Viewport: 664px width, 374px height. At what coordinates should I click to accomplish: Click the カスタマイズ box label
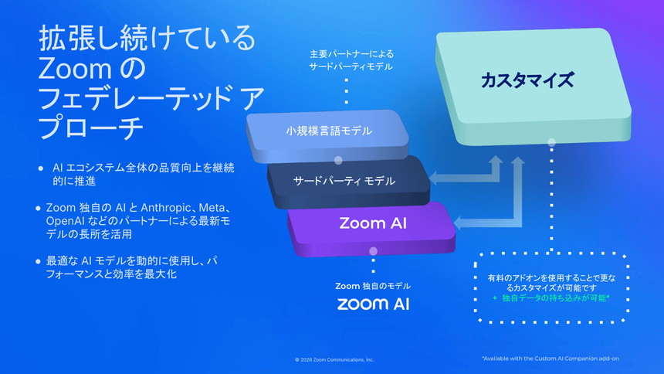527,80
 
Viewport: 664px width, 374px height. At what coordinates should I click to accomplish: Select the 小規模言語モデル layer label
329,131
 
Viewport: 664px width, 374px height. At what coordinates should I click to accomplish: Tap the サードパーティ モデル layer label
344,181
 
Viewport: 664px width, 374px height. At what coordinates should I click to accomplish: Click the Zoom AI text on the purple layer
373,224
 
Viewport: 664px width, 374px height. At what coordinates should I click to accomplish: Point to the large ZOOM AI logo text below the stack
373,303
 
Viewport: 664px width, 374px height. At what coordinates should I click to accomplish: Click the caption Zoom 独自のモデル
373,286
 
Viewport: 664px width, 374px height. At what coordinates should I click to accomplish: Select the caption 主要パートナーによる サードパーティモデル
351,60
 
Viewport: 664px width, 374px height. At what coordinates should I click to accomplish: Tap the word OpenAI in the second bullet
65,221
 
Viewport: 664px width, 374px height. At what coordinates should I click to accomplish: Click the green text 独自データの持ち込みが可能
555,297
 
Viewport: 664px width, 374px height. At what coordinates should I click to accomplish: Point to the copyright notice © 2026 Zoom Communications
334,360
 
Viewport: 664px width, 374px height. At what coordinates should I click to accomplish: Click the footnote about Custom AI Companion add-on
550,359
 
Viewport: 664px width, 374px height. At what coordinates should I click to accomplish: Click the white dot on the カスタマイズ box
551,142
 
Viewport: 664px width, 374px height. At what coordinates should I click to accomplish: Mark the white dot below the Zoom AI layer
374,250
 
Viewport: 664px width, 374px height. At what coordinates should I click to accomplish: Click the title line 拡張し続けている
146,38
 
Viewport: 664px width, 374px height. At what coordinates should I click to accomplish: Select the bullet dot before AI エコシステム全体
41,168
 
